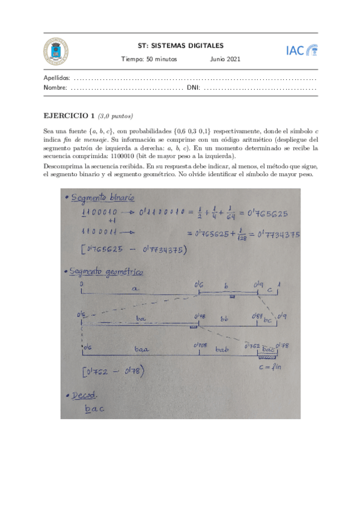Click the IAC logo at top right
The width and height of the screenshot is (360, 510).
click(x=302, y=51)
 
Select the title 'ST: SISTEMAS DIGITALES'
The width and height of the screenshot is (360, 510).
click(x=180, y=45)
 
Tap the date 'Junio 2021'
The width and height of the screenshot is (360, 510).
click(x=225, y=59)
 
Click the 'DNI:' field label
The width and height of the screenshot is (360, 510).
click(x=194, y=88)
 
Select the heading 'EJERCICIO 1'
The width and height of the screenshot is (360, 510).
click(x=70, y=115)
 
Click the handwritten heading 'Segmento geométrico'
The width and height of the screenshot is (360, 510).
click(x=107, y=272)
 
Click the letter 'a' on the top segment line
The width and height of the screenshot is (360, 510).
click(x=136, y=289)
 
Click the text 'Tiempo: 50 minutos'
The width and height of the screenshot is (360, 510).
click(x=147, y=59)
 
